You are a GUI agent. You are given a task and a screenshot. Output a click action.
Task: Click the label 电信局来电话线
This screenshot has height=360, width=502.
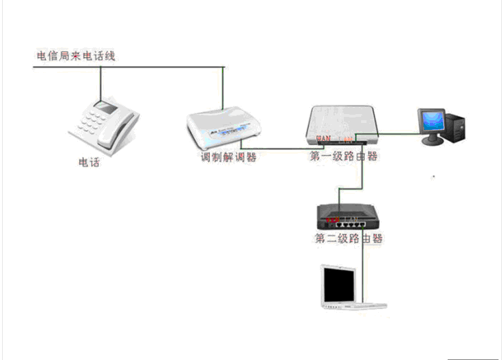point(76,55)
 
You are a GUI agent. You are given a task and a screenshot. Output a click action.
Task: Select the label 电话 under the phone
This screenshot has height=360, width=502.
point(89,164)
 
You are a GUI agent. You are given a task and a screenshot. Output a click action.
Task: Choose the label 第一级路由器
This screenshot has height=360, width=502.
point(344,157)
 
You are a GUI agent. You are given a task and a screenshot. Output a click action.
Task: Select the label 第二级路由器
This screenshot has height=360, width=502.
point(348,239)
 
